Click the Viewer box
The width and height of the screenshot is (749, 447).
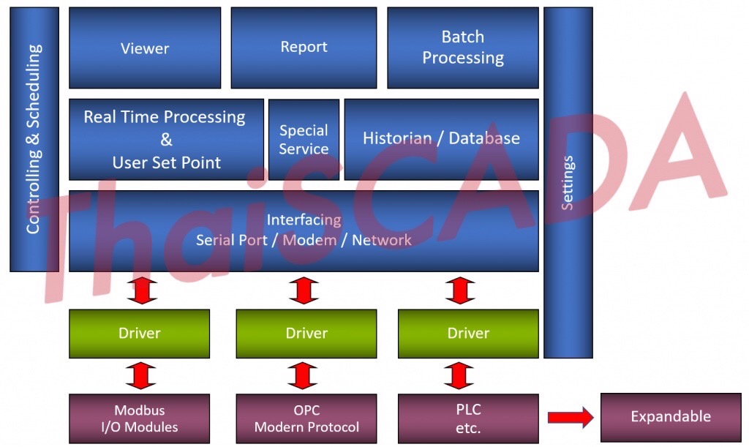[145, 48]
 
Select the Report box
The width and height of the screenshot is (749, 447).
[304, 48]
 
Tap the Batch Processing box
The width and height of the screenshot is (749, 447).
[462, 48]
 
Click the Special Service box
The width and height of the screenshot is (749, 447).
[304, 140]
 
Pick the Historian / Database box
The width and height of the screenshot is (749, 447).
[441, 139]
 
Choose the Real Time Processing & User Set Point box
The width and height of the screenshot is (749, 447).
[166, 140]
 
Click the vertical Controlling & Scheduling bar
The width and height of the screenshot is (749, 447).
[34, 139]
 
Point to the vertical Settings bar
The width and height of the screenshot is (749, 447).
[568, 183]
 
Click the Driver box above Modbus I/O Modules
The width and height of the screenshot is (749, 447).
[139, 334]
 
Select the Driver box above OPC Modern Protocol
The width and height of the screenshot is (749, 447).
[306, 334]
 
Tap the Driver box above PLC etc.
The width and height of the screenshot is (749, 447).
[468, 334]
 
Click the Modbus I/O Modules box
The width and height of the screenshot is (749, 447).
[139, 418]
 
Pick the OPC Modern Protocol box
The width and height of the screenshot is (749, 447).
[306, 418]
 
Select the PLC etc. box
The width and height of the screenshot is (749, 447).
[468, 418]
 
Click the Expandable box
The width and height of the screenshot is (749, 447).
[670, 417]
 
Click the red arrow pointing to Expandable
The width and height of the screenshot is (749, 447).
[571, 418]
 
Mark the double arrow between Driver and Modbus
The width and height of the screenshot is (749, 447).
[142, 375]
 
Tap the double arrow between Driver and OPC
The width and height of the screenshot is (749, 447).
[303, 375]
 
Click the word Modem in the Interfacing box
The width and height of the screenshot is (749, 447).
[309, 240]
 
